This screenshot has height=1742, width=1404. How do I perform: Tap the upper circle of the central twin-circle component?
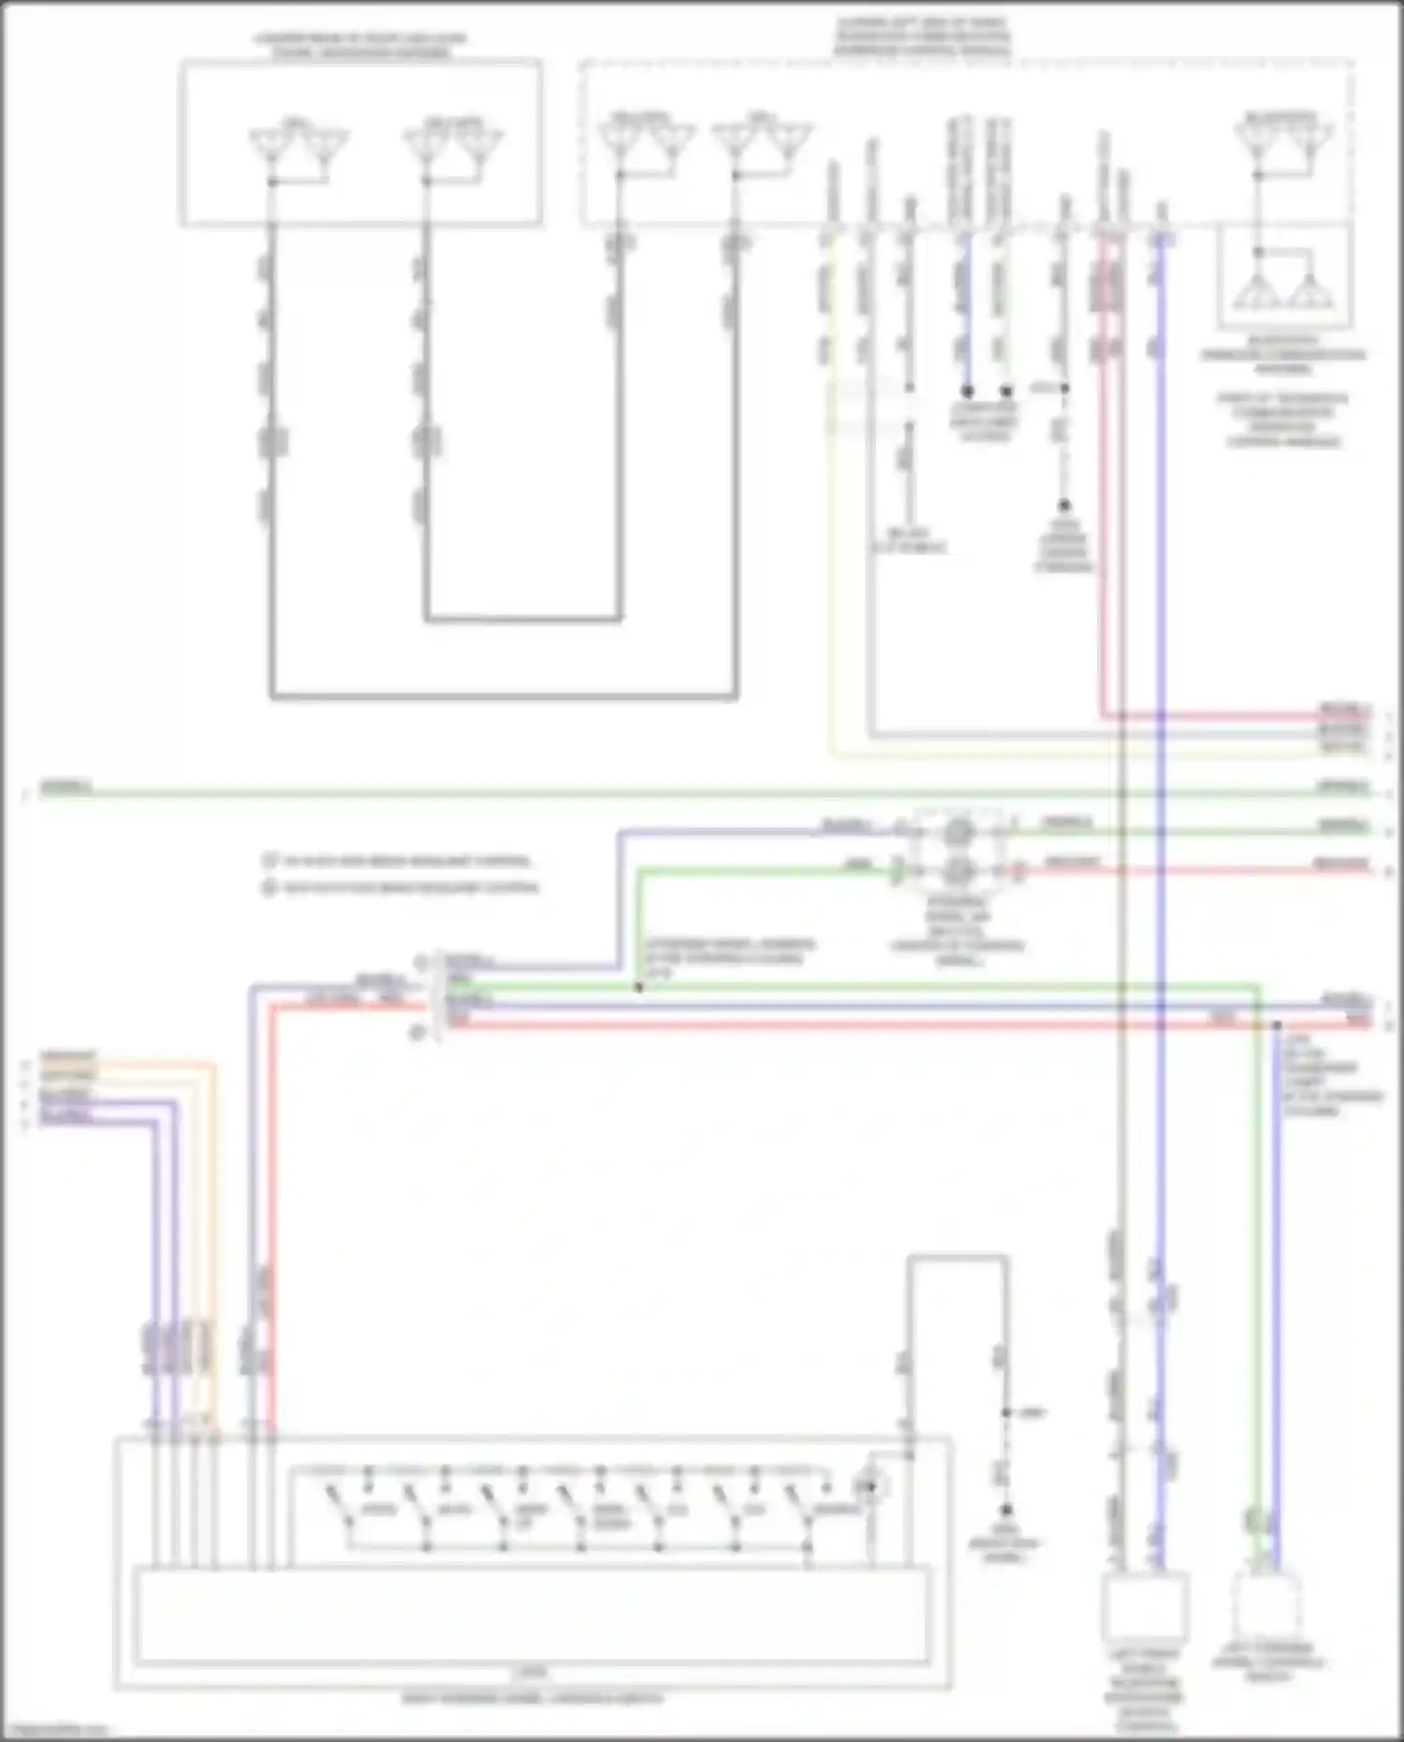click(x=958, y=831)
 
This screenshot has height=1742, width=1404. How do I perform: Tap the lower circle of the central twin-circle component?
click(x=958, y=871)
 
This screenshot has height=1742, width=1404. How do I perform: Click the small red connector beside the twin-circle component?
click(x=1019, y=871)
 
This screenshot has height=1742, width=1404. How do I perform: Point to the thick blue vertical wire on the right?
click(x=1161, y=842)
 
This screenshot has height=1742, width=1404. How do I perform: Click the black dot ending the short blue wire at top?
click(x=967, y=390)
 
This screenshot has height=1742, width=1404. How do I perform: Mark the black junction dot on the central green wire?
click(x=639, y=988)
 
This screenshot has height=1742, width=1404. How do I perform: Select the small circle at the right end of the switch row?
click(x=871, y=1486)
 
